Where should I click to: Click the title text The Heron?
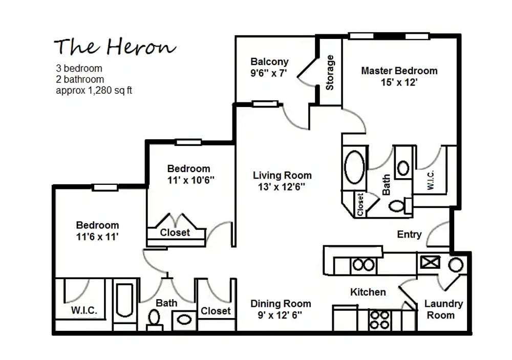coord(115,47)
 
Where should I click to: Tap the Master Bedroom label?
coord(399,76)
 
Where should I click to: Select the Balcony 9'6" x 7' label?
coord(269,68)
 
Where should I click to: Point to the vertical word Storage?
coord(330,72)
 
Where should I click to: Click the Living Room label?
coord(282,181)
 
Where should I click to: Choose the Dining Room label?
coord(281,309)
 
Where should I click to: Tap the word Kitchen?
coord(368,292)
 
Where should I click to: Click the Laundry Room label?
coord(443,309)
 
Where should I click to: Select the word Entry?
coord(409,234)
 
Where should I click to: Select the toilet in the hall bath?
coord(154,319)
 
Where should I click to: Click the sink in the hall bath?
coord(184,320)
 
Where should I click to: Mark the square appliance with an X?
coord(427,263)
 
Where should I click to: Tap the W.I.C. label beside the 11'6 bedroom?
coord(84,310)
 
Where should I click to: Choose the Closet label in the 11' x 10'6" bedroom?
coord(175,232)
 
